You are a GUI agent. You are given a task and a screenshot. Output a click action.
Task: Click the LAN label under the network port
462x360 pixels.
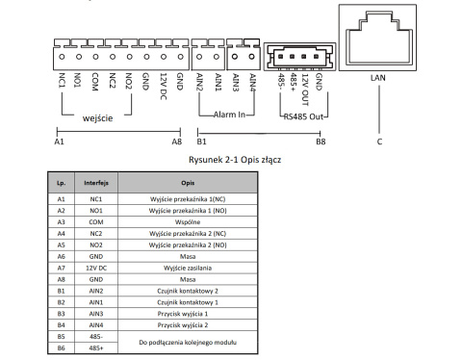378,82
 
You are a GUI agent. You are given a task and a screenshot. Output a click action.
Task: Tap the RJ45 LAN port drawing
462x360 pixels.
379,38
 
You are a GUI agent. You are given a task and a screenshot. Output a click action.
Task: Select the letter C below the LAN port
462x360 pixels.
379,142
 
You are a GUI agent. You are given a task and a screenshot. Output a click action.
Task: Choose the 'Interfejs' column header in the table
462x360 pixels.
94,180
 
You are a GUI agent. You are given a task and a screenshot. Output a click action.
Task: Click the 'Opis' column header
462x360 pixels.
187,180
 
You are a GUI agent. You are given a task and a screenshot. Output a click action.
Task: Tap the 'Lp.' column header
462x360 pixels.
61,180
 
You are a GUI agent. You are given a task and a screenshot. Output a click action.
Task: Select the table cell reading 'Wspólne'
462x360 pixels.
187,219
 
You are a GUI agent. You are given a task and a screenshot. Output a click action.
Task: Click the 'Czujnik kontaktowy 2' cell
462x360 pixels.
187,289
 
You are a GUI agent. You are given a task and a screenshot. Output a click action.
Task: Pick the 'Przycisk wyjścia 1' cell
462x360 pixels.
187,315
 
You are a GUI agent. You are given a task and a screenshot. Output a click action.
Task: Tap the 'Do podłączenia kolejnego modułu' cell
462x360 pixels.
187,342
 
